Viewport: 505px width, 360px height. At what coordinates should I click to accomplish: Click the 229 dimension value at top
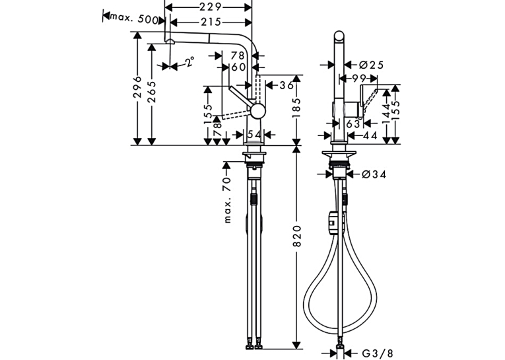coord(211,7)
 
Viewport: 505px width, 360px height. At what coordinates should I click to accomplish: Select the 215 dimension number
coord(211,22)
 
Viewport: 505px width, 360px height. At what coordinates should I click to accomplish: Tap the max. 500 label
coord(135,18)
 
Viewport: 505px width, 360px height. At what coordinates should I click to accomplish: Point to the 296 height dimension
coord(137,87)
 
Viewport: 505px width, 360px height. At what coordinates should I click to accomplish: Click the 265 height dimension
coord(151,92)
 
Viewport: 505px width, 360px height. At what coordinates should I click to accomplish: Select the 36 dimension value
coord(286,85)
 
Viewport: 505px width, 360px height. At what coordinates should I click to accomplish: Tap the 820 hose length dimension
coord(296,236)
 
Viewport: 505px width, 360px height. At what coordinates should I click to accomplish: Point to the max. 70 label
coord(227,200)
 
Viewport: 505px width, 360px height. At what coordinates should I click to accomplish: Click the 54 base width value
coord(255,135)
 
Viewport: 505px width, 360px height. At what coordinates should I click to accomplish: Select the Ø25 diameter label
coord(371,65)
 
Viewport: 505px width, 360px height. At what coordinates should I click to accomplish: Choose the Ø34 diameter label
coord(374,174)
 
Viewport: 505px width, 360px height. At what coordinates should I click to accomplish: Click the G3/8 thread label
coord(377,353)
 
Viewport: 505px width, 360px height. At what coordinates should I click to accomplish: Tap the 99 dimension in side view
coord(359,79)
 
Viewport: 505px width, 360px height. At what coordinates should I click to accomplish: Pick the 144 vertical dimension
coord(386,112)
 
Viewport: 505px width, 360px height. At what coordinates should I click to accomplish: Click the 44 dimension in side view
coord(370,135)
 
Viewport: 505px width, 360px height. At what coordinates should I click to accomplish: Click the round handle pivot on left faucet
coord(258,111)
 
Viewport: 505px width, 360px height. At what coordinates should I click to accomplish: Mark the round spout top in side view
coord(339,36)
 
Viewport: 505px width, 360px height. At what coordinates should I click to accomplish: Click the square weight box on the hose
coord(332,223)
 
